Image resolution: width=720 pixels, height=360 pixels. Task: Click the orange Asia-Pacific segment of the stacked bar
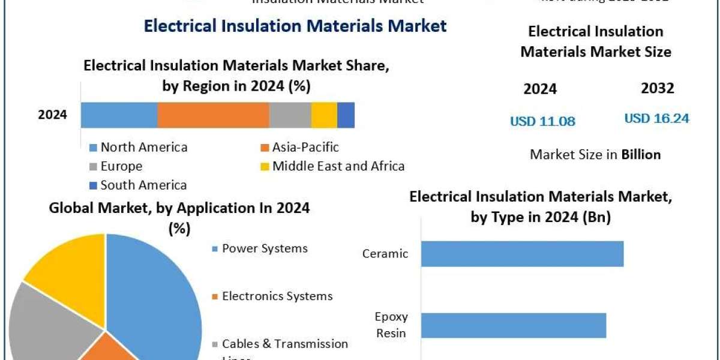click(213, 115)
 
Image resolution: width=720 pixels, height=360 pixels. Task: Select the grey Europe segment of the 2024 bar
click(290, 115)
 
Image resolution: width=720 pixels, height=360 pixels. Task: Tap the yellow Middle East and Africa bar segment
click(324, 115)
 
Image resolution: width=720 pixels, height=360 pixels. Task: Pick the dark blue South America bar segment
click(346, 115)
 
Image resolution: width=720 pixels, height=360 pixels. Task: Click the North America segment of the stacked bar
click(119, 115)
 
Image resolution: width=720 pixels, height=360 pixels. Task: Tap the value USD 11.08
click(542, 121)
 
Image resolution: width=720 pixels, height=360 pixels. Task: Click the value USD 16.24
click(656, 118)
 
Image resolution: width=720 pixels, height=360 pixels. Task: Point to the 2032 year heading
click(657, 89)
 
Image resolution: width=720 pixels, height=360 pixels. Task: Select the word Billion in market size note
click(641, 154)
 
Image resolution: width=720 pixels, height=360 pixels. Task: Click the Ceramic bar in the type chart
click(522, 254)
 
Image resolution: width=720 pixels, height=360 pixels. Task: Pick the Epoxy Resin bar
click(514, 325)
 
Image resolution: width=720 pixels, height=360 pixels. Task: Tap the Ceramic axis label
click(385, 254)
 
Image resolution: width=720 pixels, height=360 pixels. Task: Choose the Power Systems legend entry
click(264, 248)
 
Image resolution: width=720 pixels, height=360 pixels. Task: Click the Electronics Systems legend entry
click(277, 296)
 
